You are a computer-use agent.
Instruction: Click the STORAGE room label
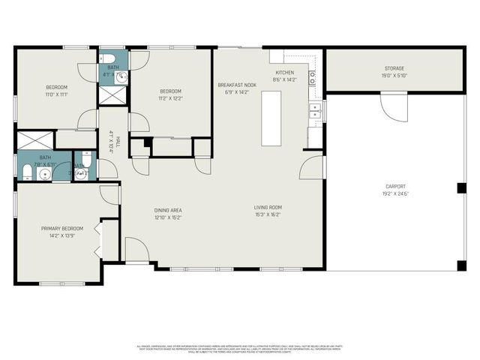[394, 68]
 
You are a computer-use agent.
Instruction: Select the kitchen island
[271, 118]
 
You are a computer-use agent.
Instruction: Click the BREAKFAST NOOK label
[237, 85]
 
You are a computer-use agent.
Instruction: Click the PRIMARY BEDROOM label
[61, 228]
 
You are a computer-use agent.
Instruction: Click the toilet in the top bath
[107, 58]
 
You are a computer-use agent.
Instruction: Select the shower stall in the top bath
[113, 96]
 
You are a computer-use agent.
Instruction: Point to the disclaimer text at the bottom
[239, 349]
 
